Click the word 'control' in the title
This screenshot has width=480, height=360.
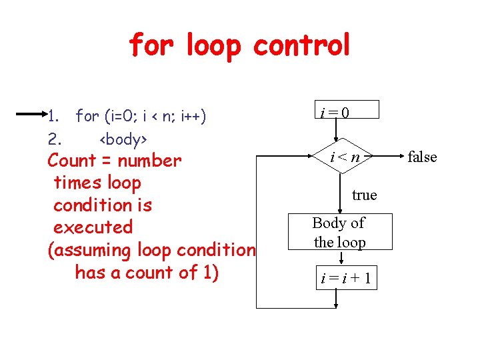coord(301,45)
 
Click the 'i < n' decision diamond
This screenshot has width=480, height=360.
coord(343,158)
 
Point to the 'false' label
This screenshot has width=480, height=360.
coord(422,157)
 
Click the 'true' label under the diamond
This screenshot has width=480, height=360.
coord(364,195)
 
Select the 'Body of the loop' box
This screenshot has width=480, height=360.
coord(339,232)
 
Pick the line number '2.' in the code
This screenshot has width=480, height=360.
coord(55,139)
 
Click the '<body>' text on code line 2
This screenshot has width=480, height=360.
coord(123,139)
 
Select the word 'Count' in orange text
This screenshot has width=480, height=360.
coord(73,161)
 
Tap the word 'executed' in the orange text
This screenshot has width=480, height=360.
coord(93,227)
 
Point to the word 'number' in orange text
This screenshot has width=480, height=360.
coord(149,161)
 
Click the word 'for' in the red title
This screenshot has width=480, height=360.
coord(151,45)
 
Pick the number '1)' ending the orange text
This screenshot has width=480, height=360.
coord(209,273)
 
